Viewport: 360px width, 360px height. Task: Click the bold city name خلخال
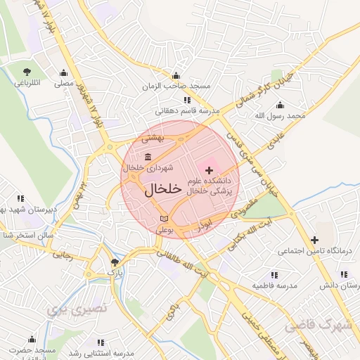click(164, 190)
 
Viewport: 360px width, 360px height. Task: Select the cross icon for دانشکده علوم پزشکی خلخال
click(209, 170)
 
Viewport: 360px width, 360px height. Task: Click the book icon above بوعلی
click(164, 219)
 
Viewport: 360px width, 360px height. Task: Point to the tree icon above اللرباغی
click(27, 72)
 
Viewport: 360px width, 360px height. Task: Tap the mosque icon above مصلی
click(64, 72)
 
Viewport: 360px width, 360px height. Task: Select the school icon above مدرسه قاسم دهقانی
click(186, 100)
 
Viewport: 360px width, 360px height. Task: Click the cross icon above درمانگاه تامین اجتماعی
click(314, 240)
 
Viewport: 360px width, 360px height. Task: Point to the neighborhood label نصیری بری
click(74, 308)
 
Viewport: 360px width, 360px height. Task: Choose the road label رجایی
click(63, 257)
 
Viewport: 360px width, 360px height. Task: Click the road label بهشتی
click(153, 139)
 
